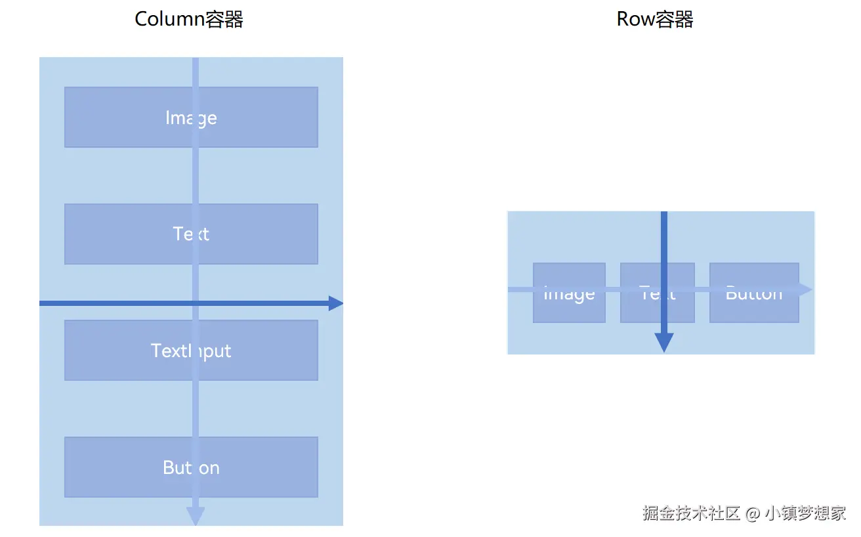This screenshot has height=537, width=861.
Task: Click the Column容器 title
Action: pos(189,19)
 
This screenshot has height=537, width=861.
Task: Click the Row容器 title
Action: pos(654,19)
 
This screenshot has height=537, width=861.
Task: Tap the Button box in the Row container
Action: pos(754,305)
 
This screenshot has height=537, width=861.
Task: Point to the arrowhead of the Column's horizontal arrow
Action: pos(335,303)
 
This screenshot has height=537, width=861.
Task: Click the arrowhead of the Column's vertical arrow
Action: pos(196,516)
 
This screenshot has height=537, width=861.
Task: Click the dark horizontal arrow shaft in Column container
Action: pos(118,303)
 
